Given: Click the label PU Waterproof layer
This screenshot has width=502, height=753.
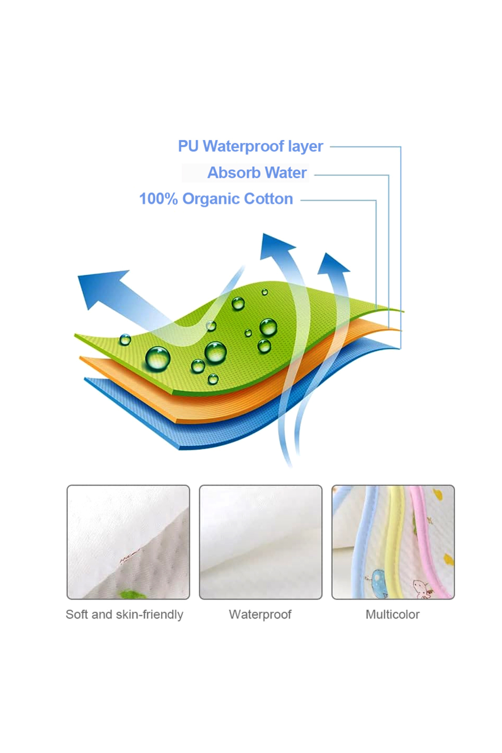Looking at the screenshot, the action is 250,146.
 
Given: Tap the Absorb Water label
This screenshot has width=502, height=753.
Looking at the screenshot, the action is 257,173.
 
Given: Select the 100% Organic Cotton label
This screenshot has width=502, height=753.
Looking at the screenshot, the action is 216,199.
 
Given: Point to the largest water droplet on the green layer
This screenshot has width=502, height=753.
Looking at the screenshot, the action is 158,359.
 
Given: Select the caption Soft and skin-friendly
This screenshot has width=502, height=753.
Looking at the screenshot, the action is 124,615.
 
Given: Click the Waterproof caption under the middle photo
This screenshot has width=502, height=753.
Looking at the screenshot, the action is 260,615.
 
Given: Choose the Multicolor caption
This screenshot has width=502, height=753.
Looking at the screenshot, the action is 392,615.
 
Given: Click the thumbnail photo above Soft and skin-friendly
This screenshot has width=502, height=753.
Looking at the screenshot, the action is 128,542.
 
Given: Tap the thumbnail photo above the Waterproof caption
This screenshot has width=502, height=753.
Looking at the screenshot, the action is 261,542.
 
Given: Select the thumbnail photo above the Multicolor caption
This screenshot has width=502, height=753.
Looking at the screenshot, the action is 393,542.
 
